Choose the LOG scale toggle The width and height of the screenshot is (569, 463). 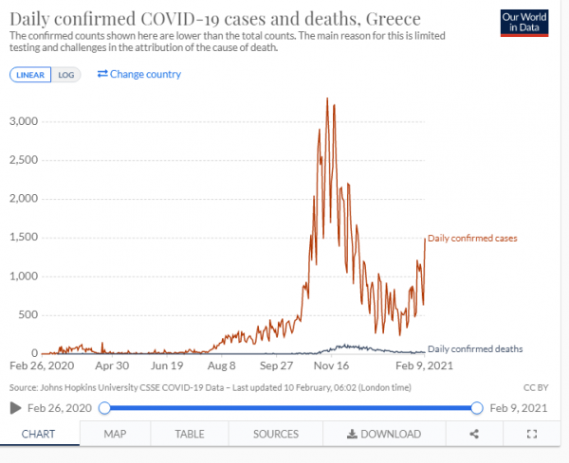65,75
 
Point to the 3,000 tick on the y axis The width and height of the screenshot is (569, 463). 22,121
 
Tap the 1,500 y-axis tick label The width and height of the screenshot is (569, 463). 22,238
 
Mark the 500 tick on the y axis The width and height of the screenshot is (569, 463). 28,314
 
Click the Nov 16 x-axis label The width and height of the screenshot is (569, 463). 331,365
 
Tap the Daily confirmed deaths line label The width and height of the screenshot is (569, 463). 475,348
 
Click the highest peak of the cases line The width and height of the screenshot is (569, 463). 327,98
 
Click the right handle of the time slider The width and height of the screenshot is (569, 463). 476,407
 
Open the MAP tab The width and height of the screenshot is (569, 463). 115,434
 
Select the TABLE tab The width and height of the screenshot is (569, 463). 189,434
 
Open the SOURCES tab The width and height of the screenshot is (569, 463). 275,434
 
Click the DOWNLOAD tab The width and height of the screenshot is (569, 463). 383,434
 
